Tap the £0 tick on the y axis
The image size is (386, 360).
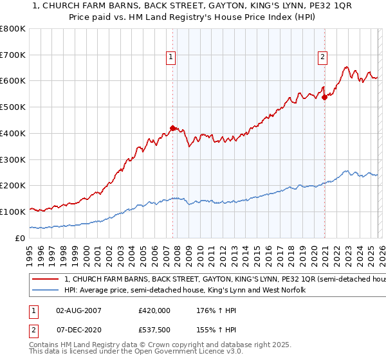click(x=21, y=238)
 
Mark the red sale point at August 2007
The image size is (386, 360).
click(x=172, y=128)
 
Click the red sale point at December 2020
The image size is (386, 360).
click(x=324, y=97)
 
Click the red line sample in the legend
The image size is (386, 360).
click(x=46, y=280)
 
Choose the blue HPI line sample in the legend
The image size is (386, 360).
click(x=46, y=291)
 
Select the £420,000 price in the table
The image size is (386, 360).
click(x=154, y=310)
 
